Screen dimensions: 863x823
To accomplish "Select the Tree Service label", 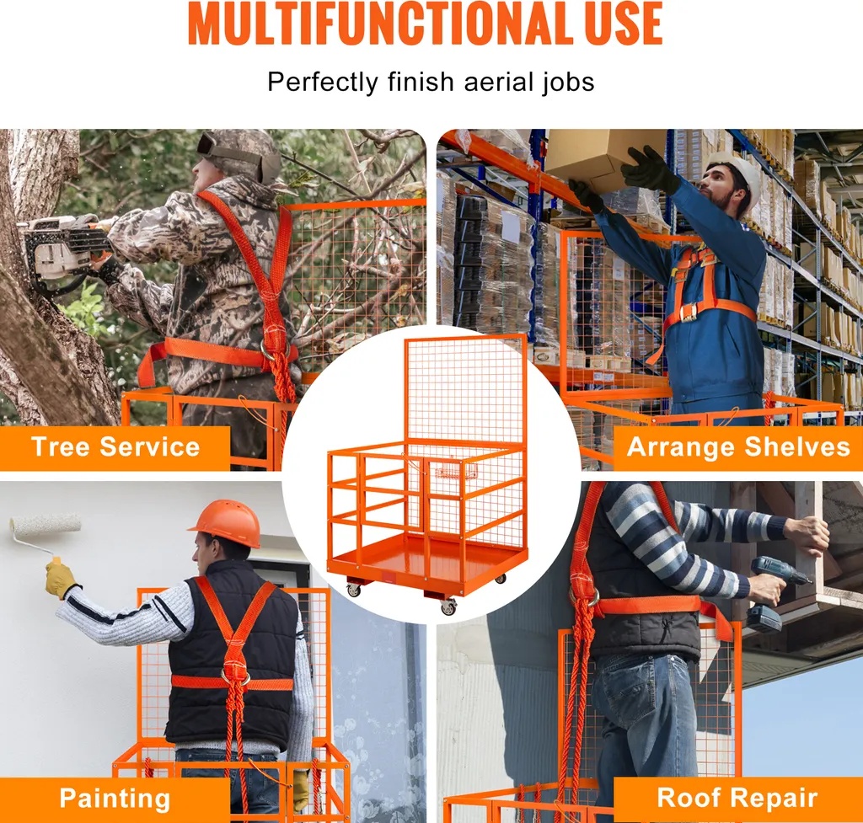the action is (115, 446).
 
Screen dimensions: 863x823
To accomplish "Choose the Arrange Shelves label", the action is (738, 446).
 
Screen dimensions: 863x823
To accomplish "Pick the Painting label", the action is (115, 799).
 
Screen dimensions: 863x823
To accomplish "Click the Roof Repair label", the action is (737, 797).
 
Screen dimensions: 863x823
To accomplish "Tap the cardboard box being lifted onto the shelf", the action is (600, 157).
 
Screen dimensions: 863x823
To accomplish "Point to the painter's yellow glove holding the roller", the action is (61, 578).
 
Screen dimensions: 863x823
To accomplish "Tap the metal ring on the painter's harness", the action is (236, 675).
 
